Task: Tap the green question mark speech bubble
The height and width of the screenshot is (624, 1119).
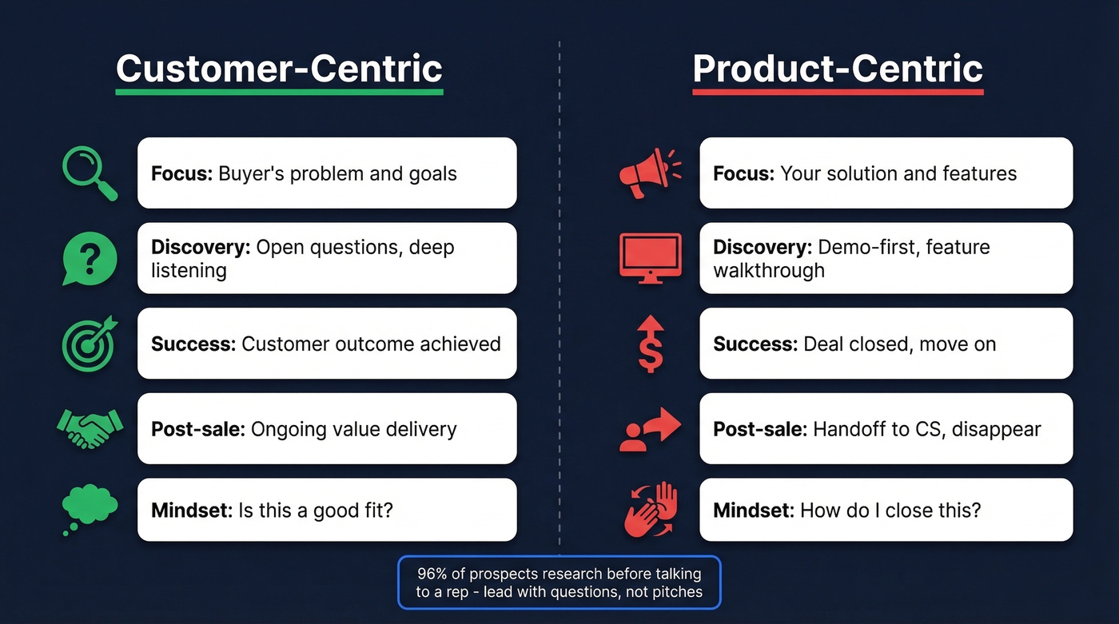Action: [x=90, y=258]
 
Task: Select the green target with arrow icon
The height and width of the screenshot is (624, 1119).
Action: [x=90, y=344]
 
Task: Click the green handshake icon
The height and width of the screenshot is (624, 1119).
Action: [x=90, y=429]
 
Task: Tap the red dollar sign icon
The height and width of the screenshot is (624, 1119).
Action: [x=650, y=344]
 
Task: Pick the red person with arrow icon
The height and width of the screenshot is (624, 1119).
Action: [x=650, y=429]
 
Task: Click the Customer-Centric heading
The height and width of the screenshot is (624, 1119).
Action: [x=279, y=69]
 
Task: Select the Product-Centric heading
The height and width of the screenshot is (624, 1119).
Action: [x=838, y=69]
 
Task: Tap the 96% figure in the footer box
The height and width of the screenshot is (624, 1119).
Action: [x=431, y=574]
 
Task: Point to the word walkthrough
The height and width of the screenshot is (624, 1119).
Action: [x=768, y=270]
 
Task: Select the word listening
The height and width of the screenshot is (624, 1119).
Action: [x=189, y=270]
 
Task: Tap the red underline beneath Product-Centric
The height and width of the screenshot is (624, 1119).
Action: [x=838, y=93]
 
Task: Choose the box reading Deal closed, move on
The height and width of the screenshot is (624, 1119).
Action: [x=886, y=344]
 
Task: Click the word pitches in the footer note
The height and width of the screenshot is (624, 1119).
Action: [x=675, y=592]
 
